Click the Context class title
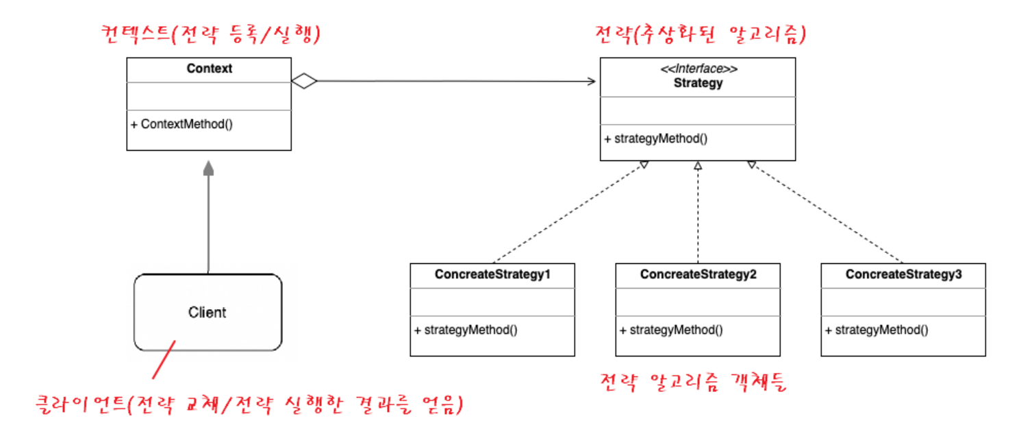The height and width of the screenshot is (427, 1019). coord(209,69)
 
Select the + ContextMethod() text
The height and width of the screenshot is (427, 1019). coord(182,125)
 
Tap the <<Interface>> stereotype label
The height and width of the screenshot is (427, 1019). coord(698,70)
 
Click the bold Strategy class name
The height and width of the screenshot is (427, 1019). coord(698,84)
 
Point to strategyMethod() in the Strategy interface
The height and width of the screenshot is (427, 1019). coord(656,138)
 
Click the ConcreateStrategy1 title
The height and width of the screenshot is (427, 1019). coord(492,275)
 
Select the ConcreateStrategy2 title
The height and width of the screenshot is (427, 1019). coord(698,275)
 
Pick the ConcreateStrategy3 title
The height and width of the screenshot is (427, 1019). coord(903,275)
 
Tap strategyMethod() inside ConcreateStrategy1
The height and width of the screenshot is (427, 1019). coord(466,330)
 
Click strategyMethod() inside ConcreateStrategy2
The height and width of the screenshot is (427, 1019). coord(671,330)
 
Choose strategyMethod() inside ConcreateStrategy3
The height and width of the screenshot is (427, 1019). coord(877,330)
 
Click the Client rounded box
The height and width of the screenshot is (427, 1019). coord(207,313)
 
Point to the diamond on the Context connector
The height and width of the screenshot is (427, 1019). coord(305,82)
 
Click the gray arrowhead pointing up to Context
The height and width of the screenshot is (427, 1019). coord(208,169)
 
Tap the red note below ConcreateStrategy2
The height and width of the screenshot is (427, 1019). coord(693,382)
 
